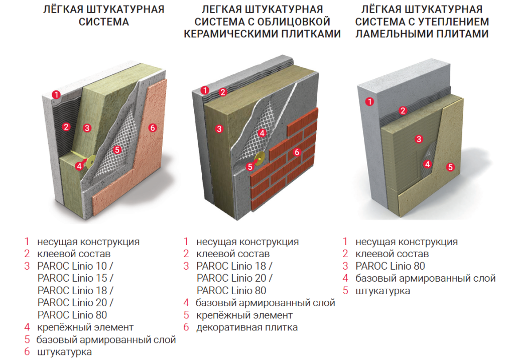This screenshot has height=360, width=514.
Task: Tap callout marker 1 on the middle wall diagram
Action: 204,90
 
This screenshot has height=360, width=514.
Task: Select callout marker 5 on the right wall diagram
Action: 450,167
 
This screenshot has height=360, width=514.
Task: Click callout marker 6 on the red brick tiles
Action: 297,152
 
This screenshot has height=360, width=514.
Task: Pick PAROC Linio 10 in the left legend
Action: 75,266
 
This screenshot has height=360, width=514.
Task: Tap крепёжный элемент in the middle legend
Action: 244,315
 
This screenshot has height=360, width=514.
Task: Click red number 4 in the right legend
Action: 345,278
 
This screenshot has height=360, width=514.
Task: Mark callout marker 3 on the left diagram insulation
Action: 87,128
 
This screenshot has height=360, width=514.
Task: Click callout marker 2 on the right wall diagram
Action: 402,110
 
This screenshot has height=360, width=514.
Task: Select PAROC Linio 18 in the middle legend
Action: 234,266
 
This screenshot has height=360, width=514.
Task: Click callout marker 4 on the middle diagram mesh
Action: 262,133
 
